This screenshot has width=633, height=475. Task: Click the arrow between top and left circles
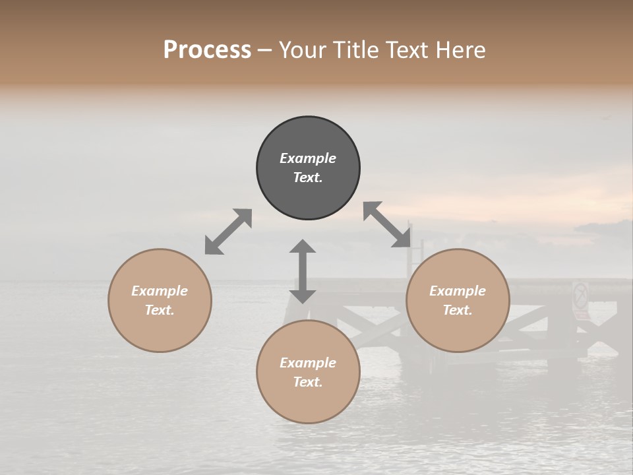(x=228, y=232)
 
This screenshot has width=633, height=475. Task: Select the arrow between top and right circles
(x=387, y=224)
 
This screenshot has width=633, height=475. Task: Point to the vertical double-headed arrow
(x=303, y=271)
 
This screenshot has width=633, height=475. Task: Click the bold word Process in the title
(x=207, y=50)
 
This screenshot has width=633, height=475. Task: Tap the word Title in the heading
(x=357, y=50)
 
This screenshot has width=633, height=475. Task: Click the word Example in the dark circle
(x=308, y=158)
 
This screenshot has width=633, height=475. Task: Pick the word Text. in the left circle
(x=160, y=310)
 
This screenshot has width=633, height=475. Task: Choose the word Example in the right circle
(x=458, y=291)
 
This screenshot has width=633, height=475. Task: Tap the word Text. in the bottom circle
(x=308, y=382)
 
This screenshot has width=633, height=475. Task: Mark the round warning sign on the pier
(x=580, y=295)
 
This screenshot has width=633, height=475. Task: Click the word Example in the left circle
(x=160, y=291)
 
